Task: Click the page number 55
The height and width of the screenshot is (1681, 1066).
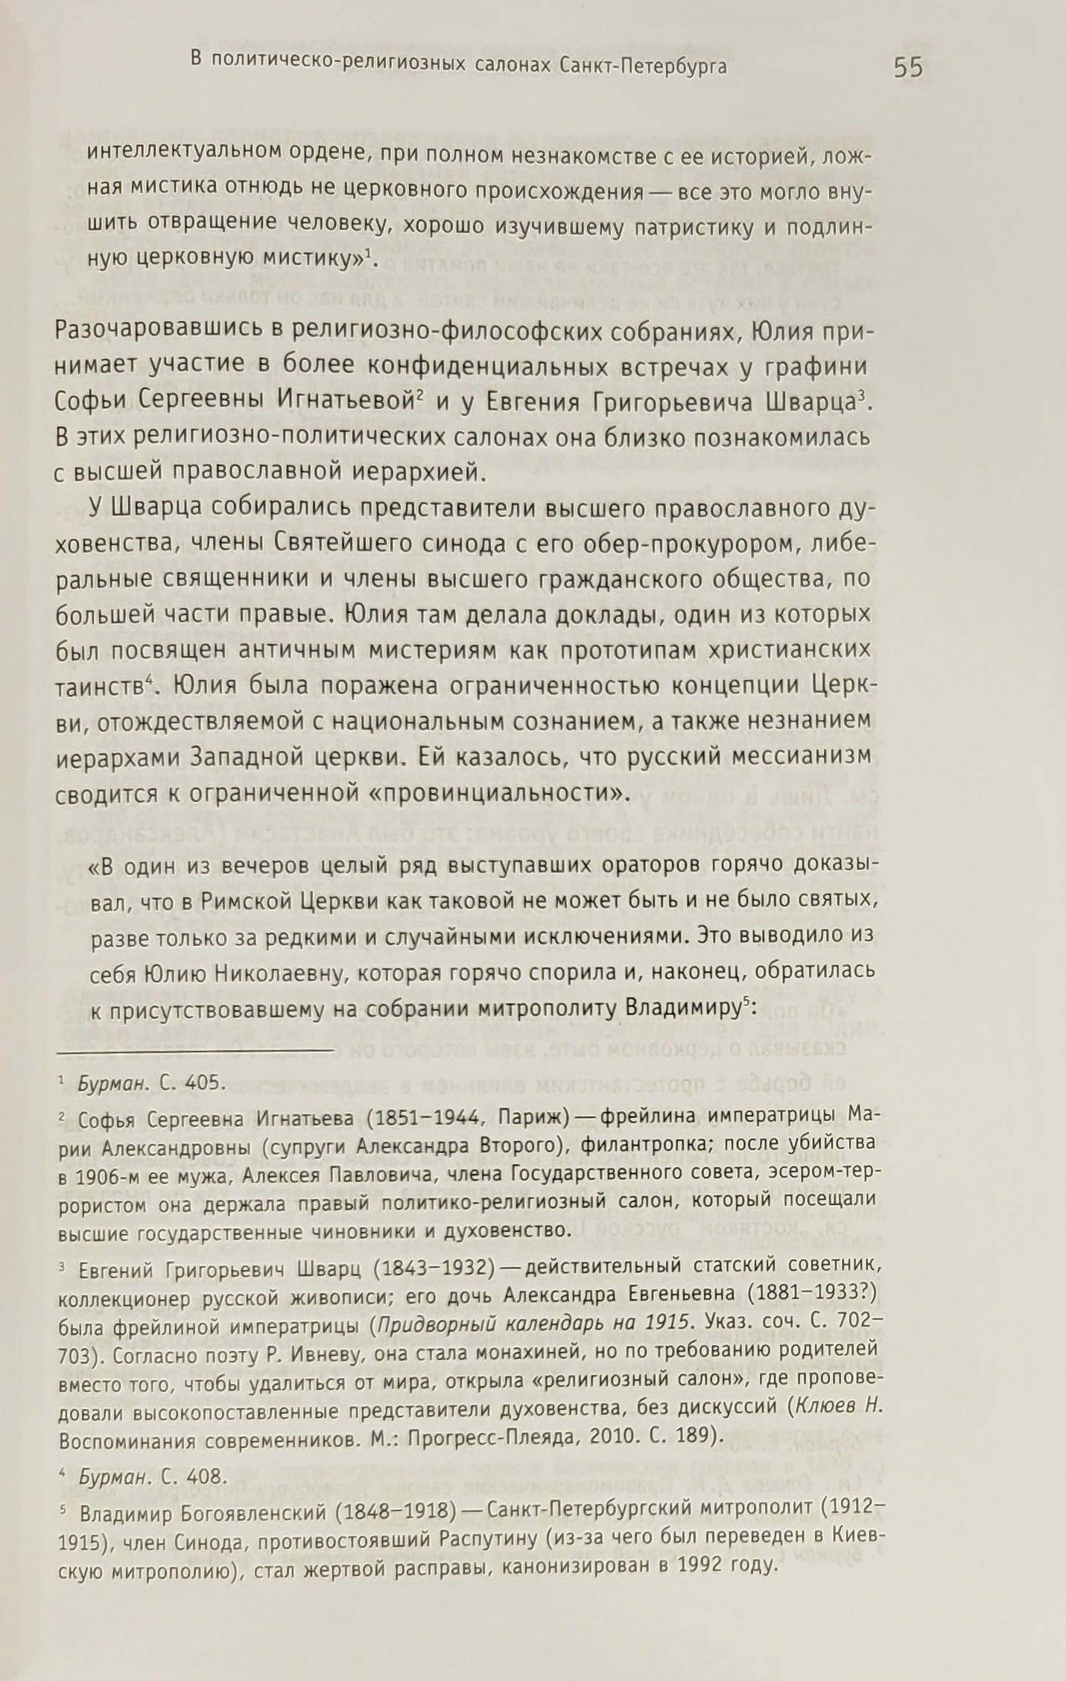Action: pyautogui.click(x=907, y=68)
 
